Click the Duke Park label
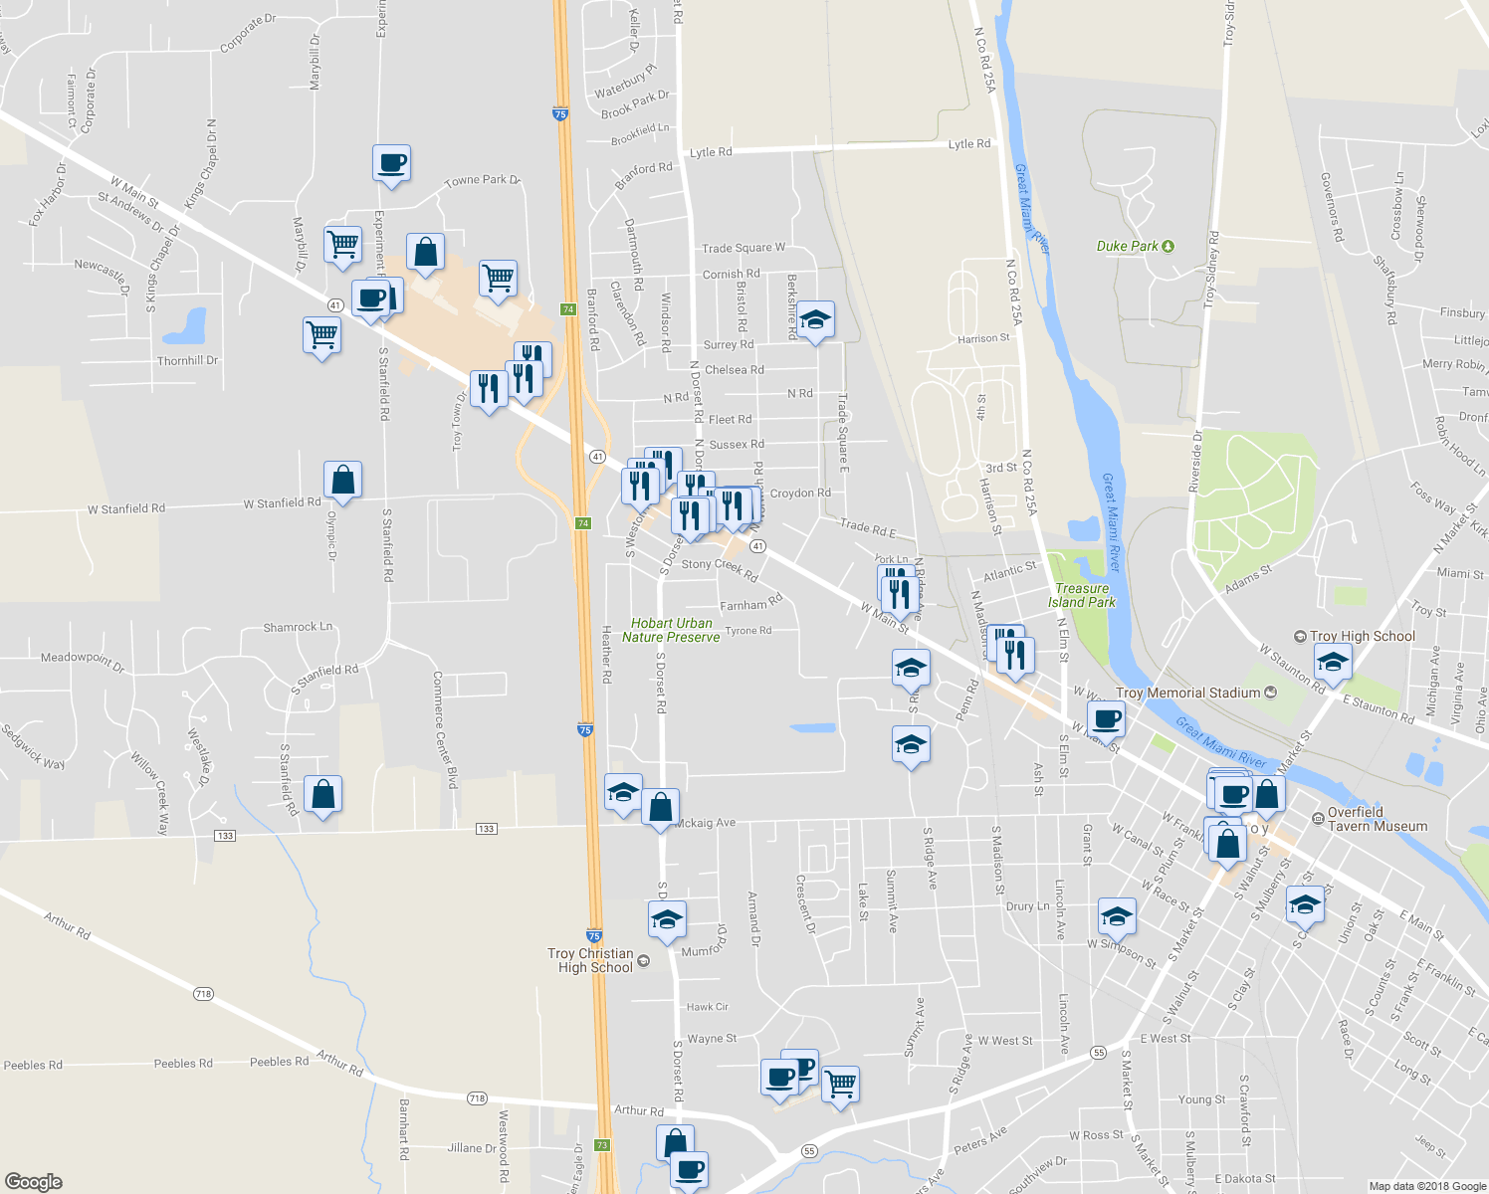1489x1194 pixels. [x=1128, y=246]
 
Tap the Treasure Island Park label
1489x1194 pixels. [x=1081, y=595]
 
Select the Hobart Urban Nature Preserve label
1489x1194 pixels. [x=671, y=630]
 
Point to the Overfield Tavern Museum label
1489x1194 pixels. [x=1377, y=819]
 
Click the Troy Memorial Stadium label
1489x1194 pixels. [x=1188, y=693]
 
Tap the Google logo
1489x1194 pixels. [x=34, y=1181]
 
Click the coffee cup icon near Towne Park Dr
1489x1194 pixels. [x=391, y=162]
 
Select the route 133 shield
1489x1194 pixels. [x=486, y=829]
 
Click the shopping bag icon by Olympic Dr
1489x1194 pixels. [x=342, y=480]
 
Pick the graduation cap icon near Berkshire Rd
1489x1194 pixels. [x=815, y=319]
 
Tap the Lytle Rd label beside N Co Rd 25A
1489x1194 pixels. [x=968, y=144]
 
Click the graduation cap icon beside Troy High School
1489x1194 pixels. [x=1333, y=661]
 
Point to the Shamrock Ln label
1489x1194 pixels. [x=298, y=627]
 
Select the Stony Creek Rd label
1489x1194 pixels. [x=720, y=568]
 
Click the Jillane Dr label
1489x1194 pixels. [x=471, y=1147]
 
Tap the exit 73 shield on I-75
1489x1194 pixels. [x=603, y=1145]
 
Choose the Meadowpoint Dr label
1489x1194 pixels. [x=83, y=662]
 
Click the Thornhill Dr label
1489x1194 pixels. [x=187, y=360]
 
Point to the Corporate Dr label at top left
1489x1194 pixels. [x=248, y=34]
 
